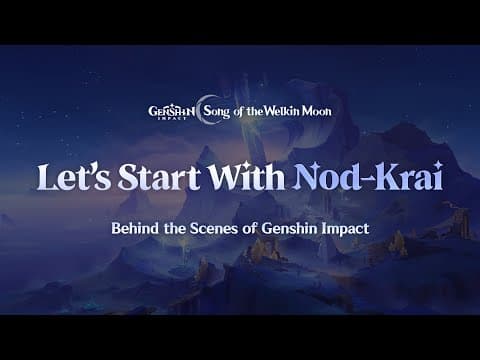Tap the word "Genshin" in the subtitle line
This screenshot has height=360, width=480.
[x=290, y=228]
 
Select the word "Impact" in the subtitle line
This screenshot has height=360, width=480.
[x=345, y=228]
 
